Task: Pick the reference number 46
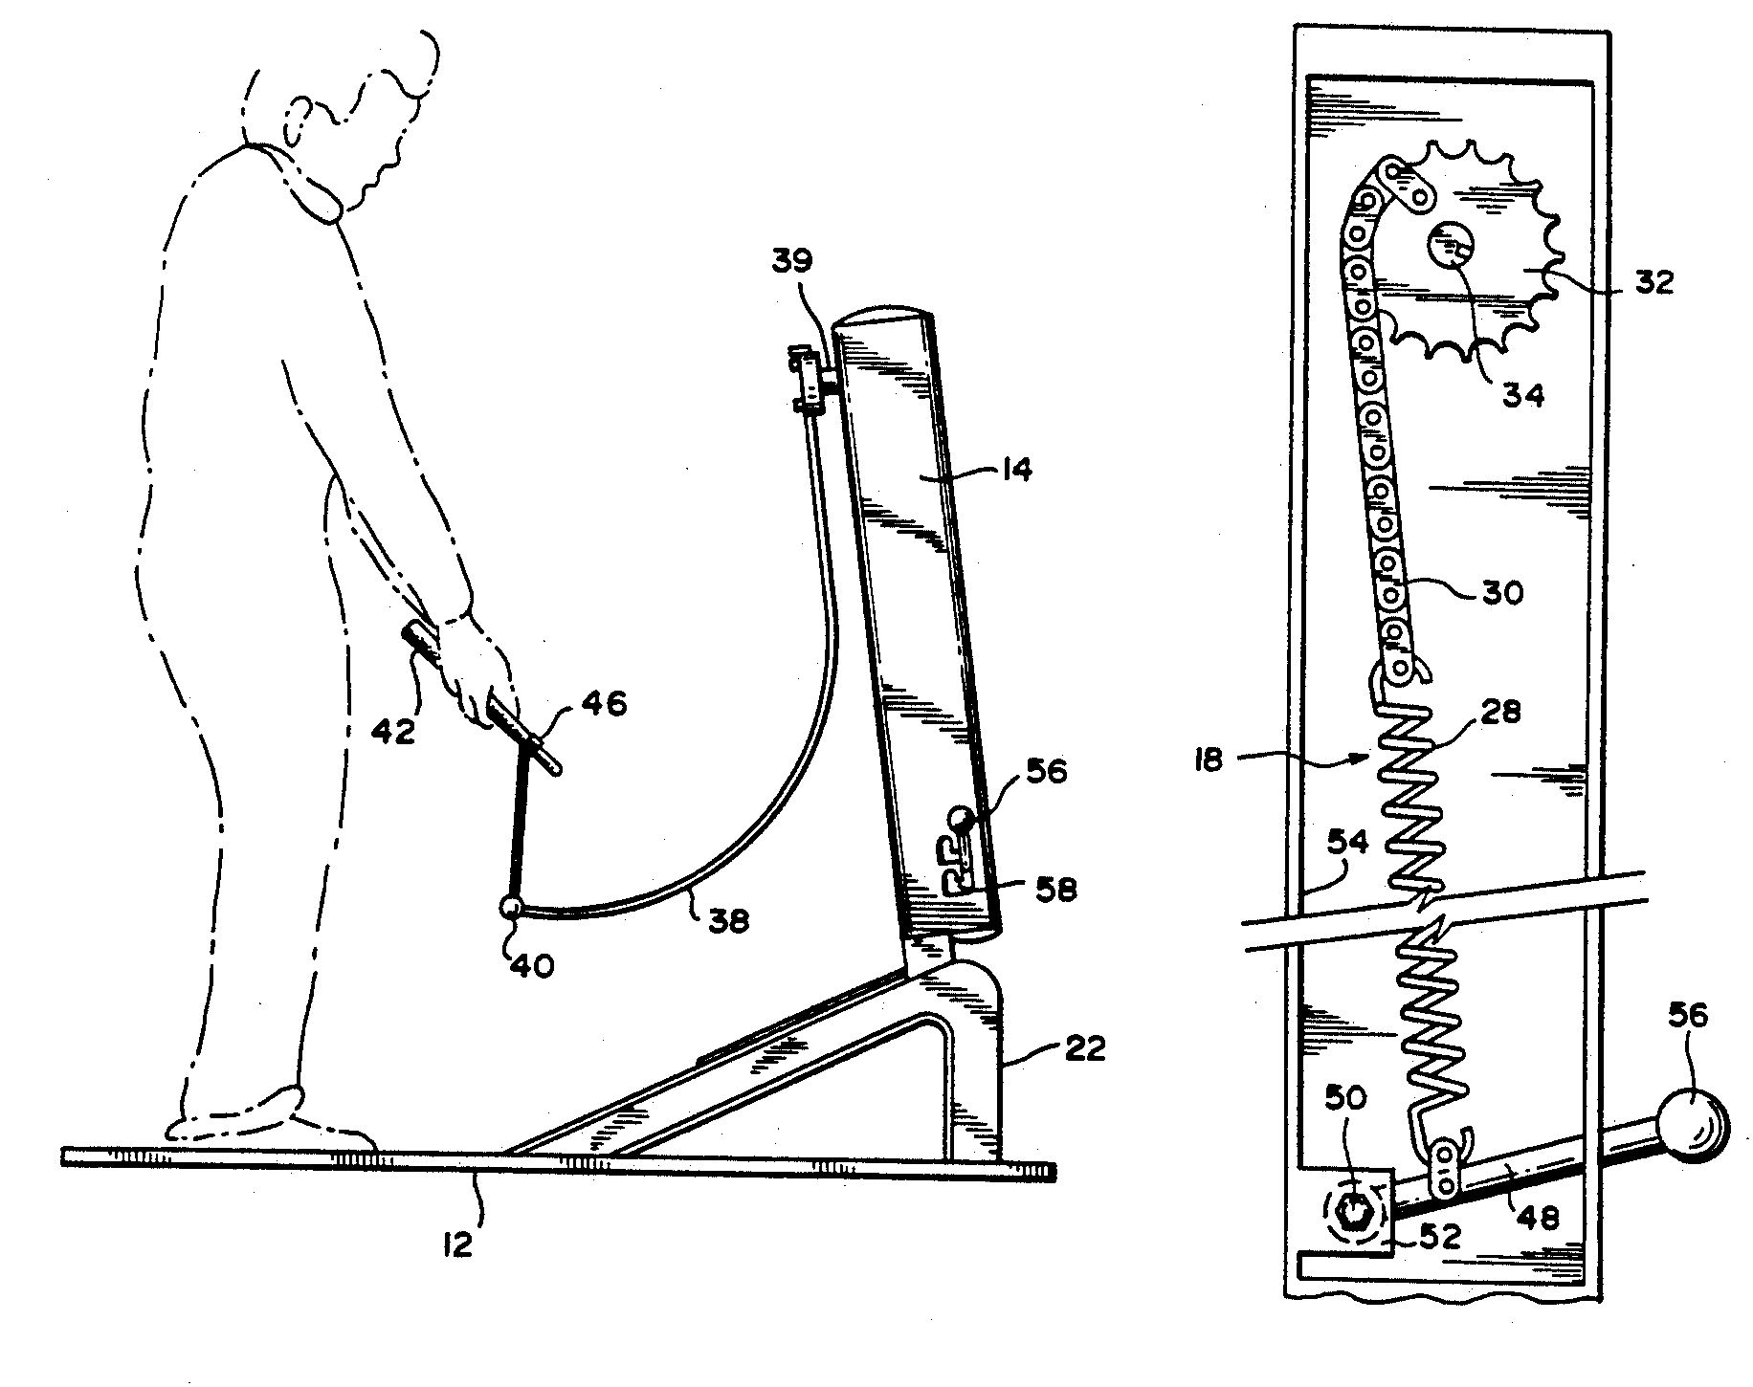(x=603, y=705)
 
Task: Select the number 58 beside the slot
(x=1055, y=890)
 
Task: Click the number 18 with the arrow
(x=1209, y=763)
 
